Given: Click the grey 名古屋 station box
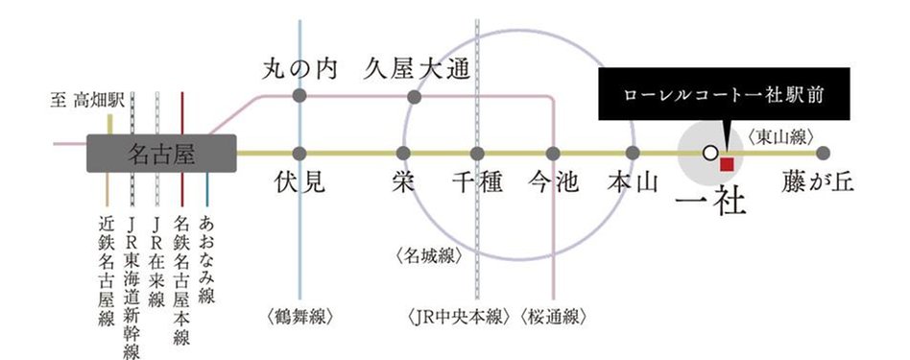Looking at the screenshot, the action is (x=161, y=154).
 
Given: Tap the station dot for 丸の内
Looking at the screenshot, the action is (x=300, y=97).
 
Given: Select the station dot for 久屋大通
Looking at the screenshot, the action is (x=415, y=97).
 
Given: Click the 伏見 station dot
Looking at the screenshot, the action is (x=300, y=153).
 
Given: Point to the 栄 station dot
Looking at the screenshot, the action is (x=403, y=153).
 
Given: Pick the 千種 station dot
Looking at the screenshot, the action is (x=477, y=153).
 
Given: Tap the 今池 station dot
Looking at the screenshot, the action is (x=553, y=153).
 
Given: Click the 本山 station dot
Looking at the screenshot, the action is (x=633, y=153).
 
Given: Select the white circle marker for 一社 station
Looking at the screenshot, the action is (x=709, y=153).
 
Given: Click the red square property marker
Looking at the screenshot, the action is (x=727, y=164).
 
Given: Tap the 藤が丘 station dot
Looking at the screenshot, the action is (x=823, y=153).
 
